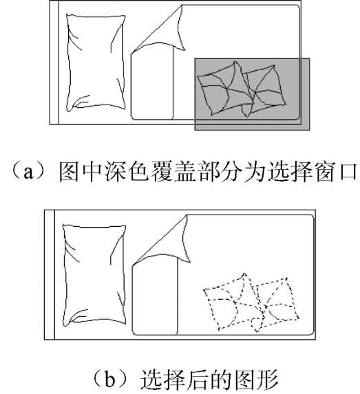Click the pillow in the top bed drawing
coord(96,63)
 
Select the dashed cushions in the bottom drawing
coord(251,303)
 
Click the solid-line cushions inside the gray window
coord(242,89)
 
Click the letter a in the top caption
coord(28,173)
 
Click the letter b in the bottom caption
coord(109,380)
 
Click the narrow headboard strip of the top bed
coord(54,63)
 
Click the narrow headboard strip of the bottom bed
coord(50,274)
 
